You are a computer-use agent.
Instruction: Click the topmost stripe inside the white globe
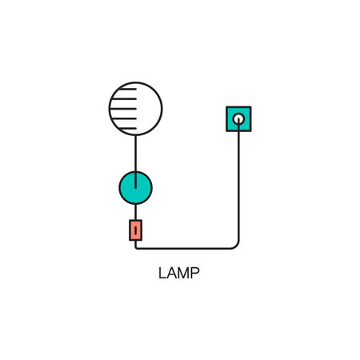pos(128,89)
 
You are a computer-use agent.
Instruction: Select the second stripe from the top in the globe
pos(124,99)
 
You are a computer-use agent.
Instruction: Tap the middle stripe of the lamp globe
pos(123,109)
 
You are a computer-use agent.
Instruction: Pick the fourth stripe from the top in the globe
pos(124,118)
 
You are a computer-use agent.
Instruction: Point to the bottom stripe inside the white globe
pos(128,129)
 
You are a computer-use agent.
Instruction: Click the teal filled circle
pos(135,188)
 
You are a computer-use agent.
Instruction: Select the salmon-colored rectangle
pos(135,230)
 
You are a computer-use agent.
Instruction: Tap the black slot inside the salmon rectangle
pos(135,230)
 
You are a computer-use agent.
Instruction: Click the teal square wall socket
pos(238,119)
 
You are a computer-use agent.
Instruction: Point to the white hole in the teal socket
pos(238,119)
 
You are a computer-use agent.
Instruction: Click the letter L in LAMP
pos(162,273)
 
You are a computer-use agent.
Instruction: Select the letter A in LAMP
pos(172,273)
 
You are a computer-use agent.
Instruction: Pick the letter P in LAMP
pos(195,273)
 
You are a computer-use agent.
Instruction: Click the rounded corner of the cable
pos(237,246)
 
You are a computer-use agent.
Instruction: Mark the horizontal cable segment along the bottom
pos(184,249)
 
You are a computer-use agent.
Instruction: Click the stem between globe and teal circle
pos(135,162)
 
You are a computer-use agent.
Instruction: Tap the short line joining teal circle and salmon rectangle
pos(135,212)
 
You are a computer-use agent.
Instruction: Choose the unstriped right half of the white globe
pos(149,109)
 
